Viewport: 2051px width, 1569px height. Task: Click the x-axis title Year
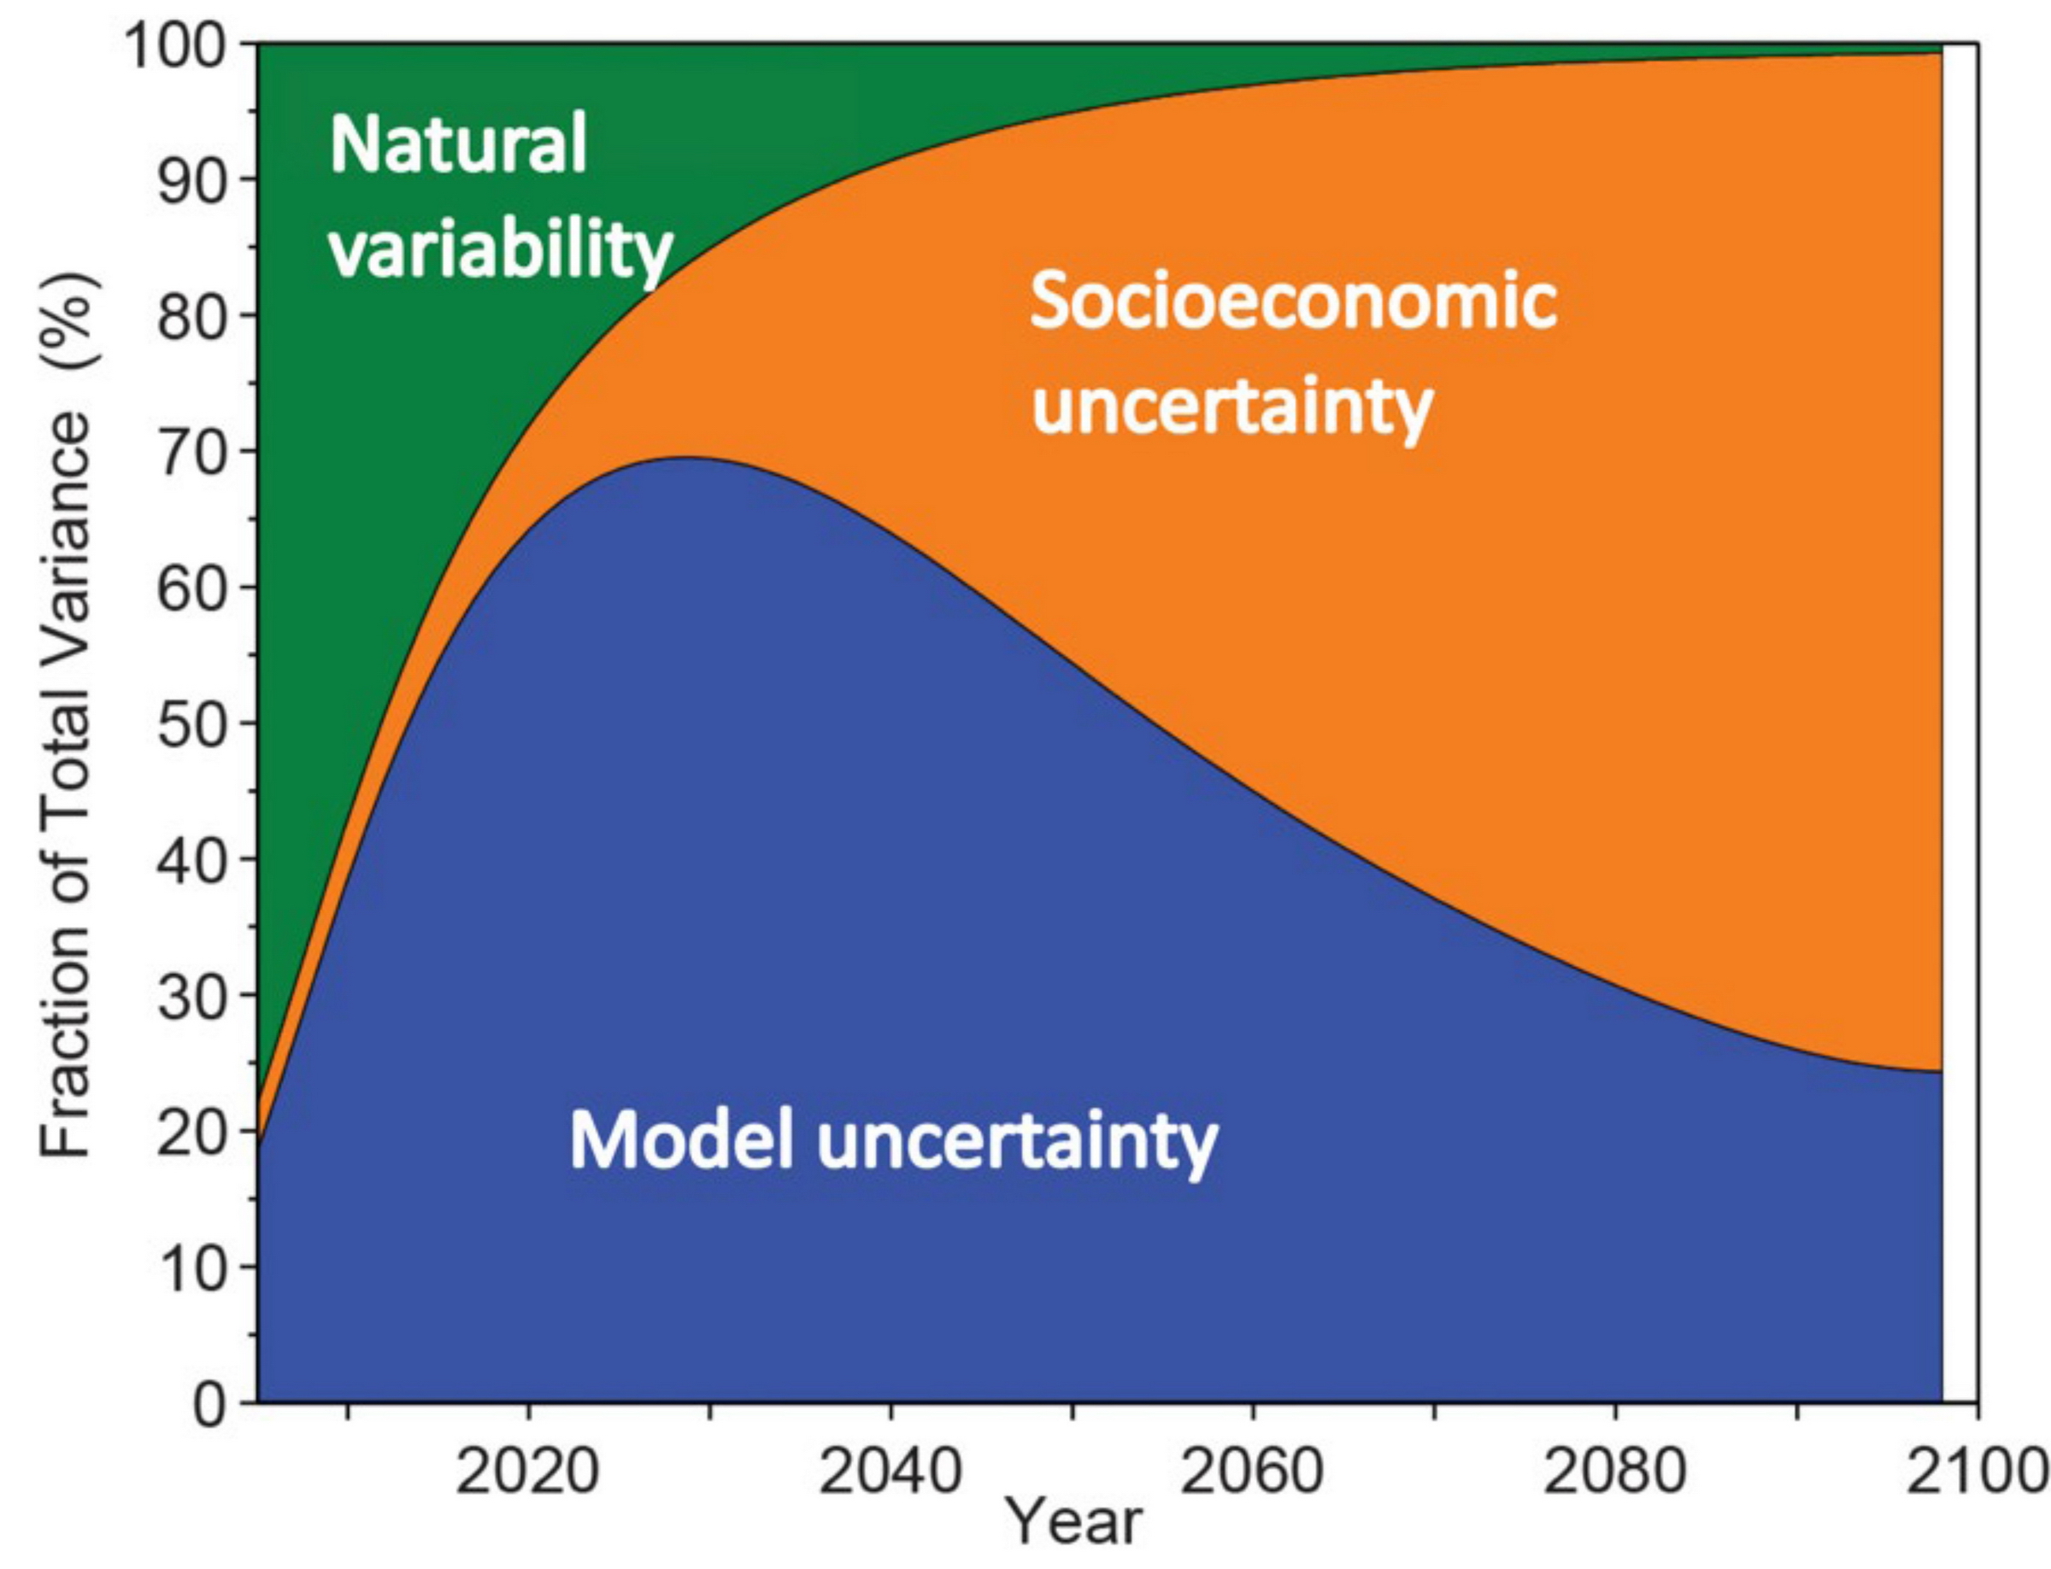pos(1074,1525)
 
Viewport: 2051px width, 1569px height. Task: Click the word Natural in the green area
pos(458,143)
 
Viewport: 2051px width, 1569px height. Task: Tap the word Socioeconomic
pos(1293,301)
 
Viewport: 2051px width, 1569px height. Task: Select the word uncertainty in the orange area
pos(1232,407)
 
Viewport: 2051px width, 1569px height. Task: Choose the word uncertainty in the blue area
pos(1018,1141)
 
